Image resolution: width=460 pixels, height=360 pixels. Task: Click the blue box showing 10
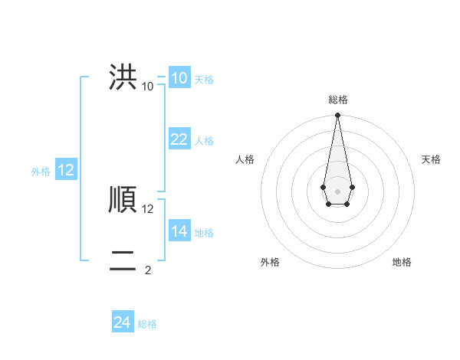click(179, 78)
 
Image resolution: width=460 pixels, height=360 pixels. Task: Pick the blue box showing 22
click(179, 139)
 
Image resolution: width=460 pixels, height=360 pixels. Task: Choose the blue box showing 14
click(179, 231)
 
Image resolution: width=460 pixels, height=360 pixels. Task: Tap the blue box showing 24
click(123, 322)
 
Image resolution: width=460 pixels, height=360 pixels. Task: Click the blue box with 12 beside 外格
click(66, 170)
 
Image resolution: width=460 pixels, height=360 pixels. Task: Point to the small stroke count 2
click(148, 270)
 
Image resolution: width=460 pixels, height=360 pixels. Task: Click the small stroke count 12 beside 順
click(148, 208)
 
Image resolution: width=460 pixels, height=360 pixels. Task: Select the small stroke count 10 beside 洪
click(148, 86)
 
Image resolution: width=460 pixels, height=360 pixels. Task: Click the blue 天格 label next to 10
click(204, 80)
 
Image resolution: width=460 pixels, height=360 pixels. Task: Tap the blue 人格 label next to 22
click(204, 141)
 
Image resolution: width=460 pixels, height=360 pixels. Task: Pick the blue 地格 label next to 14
click(204, 233)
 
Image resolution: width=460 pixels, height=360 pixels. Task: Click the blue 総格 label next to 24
click(147, 324)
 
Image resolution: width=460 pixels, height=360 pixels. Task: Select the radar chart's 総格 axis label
click(337, 100)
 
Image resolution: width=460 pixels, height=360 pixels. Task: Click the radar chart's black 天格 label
click(431, 159)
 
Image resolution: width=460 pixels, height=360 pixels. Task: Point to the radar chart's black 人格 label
click(245, 159)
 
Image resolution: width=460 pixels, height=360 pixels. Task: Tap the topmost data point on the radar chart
click(337, 116)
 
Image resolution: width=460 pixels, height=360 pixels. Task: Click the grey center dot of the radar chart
click(337, 191)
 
